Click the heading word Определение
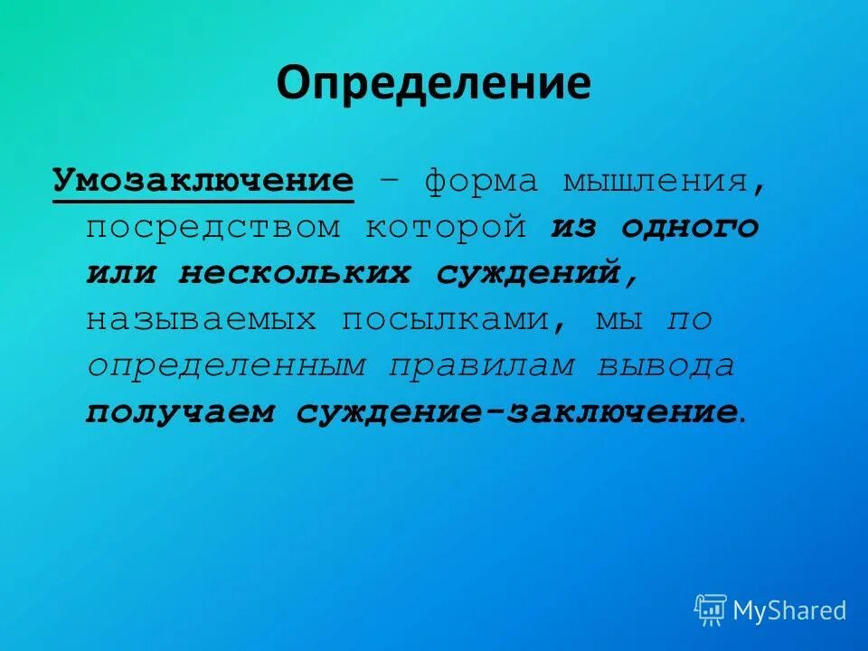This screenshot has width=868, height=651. click(433, 83)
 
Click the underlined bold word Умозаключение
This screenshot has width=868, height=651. click(203, 180)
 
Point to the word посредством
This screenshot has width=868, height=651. click(213, 227)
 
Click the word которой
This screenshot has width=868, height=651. click(446, 227)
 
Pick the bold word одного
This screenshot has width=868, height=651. click(690, 227)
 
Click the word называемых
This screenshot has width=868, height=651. click(202, 319)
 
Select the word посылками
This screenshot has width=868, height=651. click(458, 319)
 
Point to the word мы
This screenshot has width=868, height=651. click(619, 319)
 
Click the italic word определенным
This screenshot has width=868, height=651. click(226, 365)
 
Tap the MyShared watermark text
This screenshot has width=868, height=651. click(789, 610)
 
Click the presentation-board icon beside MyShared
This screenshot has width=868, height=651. click(711, 609)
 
